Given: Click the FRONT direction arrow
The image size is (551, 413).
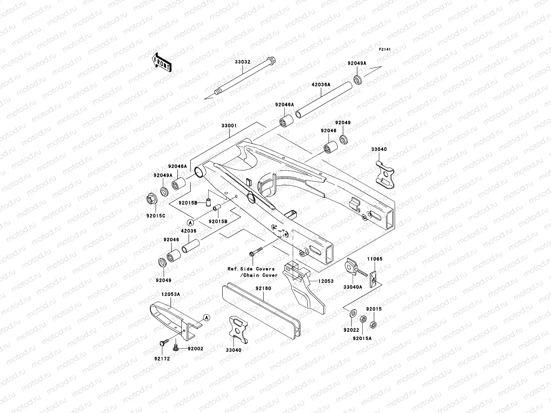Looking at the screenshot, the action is pos(162,62).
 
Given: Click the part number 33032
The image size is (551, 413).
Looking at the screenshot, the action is pos(242,62).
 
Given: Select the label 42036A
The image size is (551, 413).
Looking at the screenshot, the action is pos(321,85).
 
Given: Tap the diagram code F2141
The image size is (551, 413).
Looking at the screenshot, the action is pos(385,50).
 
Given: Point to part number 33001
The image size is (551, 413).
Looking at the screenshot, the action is pos(229,126).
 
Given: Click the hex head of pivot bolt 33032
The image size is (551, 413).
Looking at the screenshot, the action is pos(271,61).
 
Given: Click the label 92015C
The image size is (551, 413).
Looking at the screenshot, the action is pos(156,216).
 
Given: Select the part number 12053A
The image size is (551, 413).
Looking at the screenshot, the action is pos(171,294).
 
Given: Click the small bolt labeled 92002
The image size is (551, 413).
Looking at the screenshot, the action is pos(176,347).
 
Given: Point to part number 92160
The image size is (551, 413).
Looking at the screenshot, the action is pos(263,288).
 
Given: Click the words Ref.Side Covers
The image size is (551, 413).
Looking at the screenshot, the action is pos(251,269).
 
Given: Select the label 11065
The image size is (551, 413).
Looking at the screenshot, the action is pos(375,259).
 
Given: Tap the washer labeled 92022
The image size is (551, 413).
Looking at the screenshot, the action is pos(353,313).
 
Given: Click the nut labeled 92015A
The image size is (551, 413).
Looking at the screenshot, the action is pos(363,319).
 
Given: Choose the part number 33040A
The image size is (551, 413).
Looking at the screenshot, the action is pos(353,287).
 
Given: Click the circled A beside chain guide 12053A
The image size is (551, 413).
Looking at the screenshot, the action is pos(207,318).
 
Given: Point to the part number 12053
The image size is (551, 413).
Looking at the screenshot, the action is pos(326,281).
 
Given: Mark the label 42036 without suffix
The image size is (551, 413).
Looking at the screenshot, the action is pos(188,231).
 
